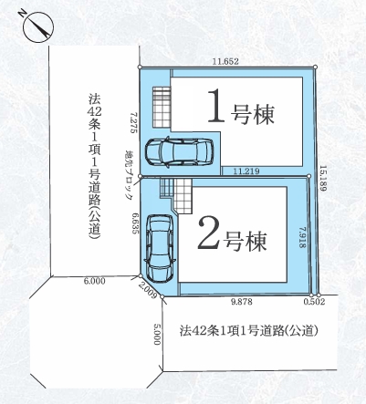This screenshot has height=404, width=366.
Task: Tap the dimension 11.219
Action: pos(245,171)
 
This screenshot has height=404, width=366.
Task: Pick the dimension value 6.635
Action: pos(134,225)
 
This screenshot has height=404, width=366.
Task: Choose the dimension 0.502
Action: pos(314,301)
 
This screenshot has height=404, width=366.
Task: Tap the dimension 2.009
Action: pos(148,292)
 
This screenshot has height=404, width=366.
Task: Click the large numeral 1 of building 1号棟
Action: pos(216,108)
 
